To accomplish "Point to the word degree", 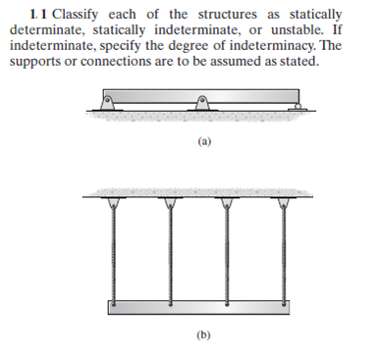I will [200, 46].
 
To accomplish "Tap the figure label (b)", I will [204, 336].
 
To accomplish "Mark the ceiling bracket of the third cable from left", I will [230, 201].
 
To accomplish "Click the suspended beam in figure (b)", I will [203, 307].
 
